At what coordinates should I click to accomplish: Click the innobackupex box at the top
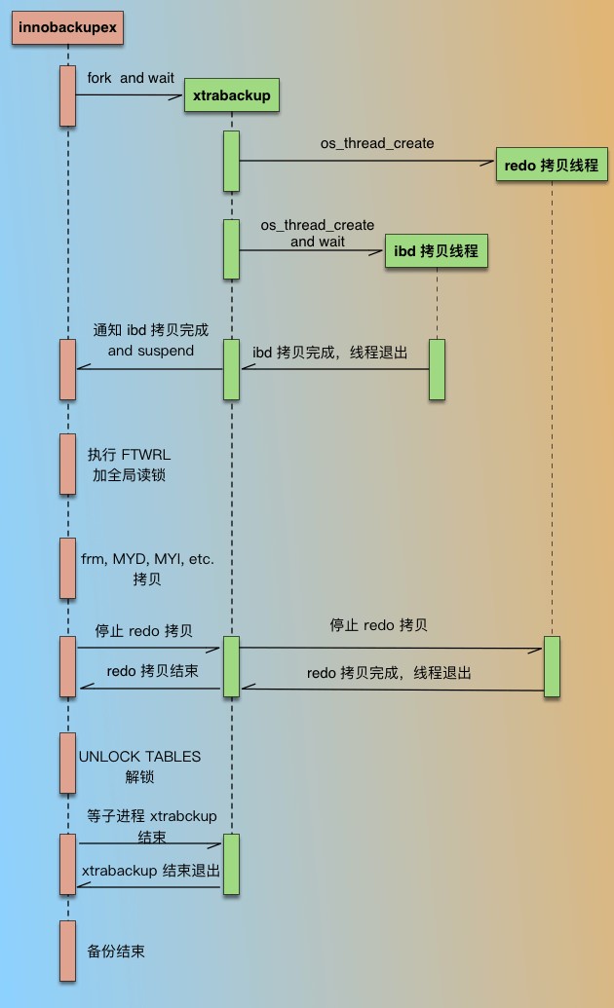coord(67,28)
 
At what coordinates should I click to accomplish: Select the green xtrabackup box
coord(231,96)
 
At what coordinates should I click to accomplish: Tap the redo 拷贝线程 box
coord(552,165)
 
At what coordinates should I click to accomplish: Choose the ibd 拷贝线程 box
coord(436,250)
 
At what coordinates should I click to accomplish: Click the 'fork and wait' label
coord(131,78)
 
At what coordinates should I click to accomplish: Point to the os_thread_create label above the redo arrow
coord(377,143)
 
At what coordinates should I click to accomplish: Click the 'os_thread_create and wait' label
coord(317,233)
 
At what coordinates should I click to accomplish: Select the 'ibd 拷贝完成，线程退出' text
coord(330,352)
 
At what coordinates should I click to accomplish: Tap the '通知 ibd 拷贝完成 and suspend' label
coord(150,340)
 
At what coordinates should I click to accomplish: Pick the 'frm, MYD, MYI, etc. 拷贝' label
coord(147,569)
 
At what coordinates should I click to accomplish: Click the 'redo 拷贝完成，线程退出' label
coord(389,673)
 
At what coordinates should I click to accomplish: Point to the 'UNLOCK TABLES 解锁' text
coord(139,766)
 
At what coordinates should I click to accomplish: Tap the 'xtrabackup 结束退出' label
coord(151,871)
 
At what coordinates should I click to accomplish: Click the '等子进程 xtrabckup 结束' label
coord(151,826)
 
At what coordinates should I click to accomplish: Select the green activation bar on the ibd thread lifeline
coord(437,369)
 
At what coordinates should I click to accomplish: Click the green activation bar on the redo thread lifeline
coord(552,666)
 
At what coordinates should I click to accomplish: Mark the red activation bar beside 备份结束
coord(67,951)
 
